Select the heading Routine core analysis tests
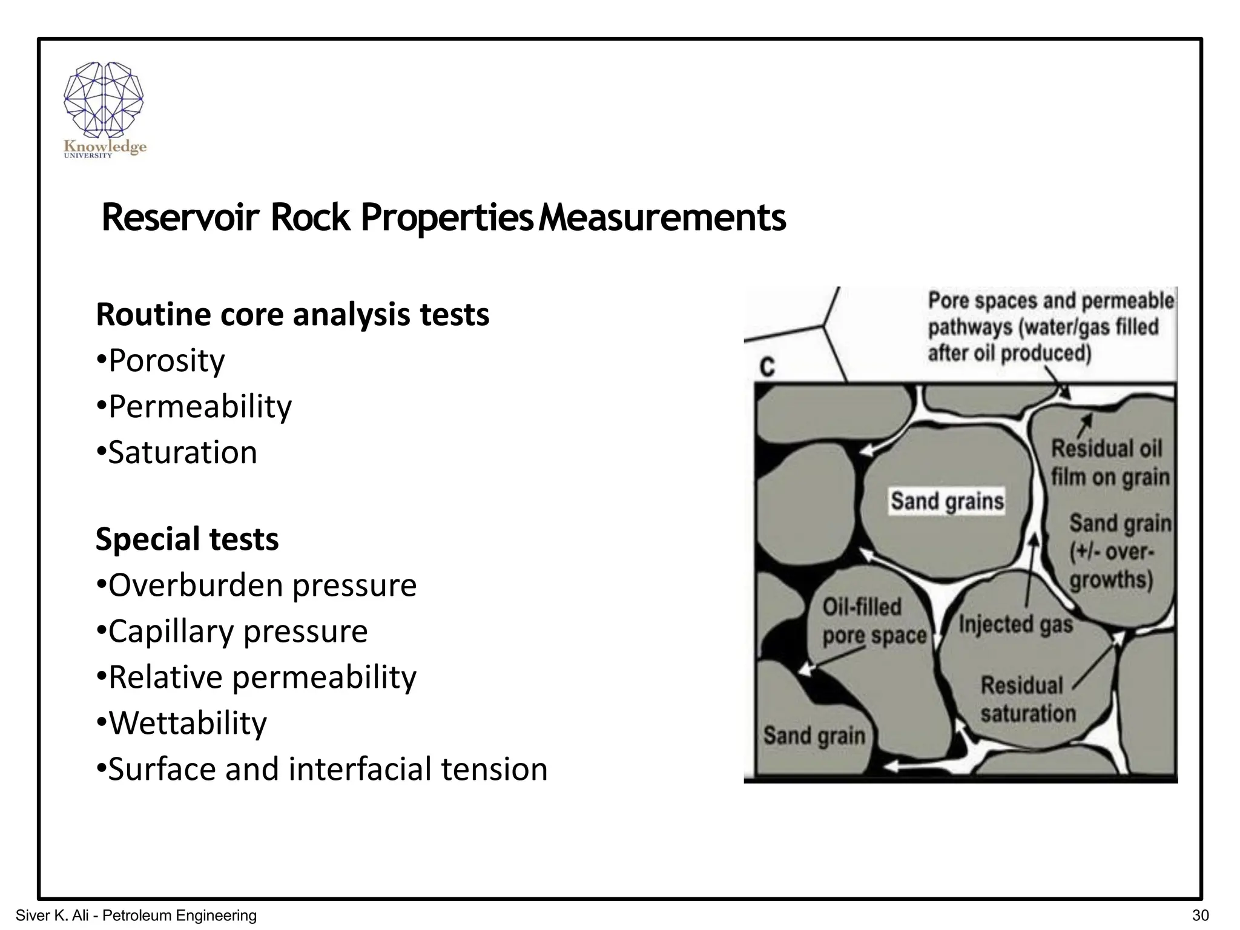click(292, 315)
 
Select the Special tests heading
click(187, 539)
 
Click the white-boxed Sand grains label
click(947, 501)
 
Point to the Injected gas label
click(1015, 624)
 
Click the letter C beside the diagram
click(767, 367)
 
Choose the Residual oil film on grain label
click(1109, 463)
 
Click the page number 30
click(1200, 915)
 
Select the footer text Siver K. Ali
click(54, 915)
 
